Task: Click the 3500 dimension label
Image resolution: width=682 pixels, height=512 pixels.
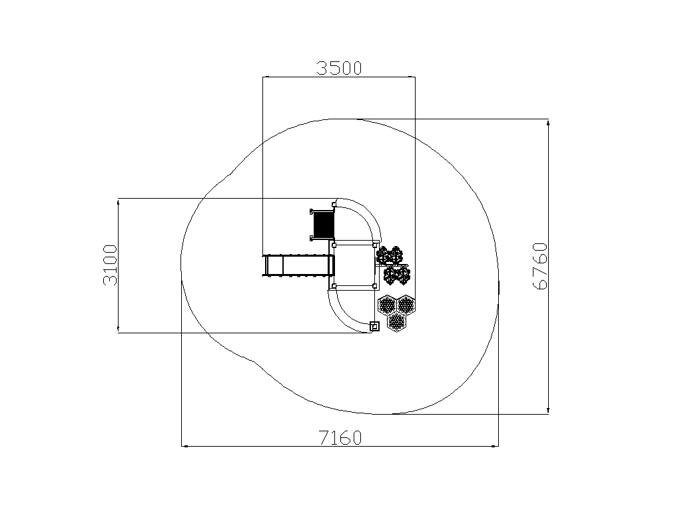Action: click(339, 69)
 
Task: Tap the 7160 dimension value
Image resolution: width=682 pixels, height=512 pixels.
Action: click(340, 437)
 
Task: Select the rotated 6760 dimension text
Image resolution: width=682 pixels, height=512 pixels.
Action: click(539, 266)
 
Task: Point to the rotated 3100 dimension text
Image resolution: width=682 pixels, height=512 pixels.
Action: click(110, 265)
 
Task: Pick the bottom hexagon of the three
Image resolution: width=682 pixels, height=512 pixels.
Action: click(396, 322)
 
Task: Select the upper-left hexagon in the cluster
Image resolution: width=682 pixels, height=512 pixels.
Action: click(387, 304)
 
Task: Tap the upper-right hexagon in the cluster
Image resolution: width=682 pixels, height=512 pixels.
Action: click(406, 304)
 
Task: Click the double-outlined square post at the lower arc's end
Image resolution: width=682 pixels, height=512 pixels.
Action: click(374, 326)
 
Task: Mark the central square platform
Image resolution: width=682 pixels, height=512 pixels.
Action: click(354, 265)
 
